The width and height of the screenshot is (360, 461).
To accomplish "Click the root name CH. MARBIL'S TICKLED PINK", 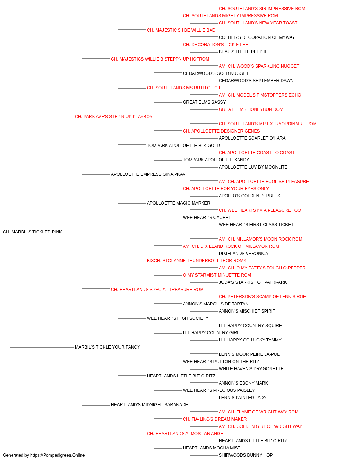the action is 32,232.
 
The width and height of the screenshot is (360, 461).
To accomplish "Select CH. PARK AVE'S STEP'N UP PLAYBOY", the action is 114,117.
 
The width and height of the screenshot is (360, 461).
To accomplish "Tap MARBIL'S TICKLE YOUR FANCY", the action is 108,347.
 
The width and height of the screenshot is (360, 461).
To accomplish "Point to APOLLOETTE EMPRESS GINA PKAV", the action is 148,174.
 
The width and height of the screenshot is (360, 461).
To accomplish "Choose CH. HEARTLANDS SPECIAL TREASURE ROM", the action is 157,290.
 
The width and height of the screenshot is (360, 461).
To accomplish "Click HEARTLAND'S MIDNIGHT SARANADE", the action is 149,405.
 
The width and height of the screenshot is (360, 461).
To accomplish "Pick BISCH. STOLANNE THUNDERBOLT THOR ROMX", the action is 197,261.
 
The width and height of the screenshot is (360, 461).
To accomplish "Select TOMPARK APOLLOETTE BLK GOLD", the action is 183,146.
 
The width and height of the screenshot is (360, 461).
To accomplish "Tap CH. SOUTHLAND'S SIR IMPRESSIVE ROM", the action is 262,9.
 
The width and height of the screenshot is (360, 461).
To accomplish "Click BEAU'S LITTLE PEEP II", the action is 242,52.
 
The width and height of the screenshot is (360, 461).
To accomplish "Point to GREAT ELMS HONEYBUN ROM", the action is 251,109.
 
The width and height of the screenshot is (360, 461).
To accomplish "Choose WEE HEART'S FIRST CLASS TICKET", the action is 256,225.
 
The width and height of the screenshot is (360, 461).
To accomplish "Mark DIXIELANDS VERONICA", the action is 244,254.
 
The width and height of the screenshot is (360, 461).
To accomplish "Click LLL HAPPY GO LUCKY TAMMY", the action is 250,340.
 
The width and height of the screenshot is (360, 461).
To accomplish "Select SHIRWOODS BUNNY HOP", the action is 246,455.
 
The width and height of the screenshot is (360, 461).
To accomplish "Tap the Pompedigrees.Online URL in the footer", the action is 58,455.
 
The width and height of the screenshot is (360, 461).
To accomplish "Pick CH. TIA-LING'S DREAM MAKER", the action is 215,419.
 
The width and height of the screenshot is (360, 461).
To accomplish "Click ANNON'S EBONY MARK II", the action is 245,383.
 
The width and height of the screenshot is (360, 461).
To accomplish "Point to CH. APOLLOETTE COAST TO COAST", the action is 257,153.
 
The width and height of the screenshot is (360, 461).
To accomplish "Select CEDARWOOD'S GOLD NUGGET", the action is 216,73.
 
